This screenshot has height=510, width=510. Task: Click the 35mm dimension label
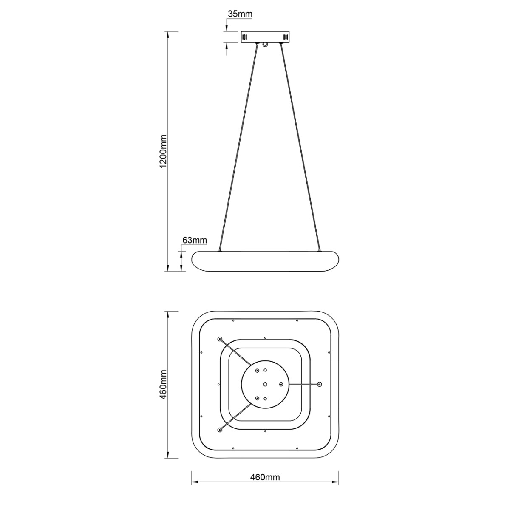tap(240, 14)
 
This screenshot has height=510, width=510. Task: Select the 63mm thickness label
tap(194, 241)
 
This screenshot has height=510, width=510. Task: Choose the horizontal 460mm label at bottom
tap(264, 477)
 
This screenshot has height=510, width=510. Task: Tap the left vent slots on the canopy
tap(244, 37)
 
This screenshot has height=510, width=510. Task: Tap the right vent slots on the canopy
tap(285, 37)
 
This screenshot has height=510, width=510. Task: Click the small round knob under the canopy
tap(266, 45)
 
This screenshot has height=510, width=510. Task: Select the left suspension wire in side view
tap(238, 147)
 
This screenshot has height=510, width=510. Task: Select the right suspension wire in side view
tap(299, 147)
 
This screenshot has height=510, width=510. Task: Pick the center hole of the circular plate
tap(265, 384)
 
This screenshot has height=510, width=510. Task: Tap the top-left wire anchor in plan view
tap(220, 339)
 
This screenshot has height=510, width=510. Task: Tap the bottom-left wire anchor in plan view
tap(220, 430)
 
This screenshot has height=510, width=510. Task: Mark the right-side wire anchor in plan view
tap(320, 384)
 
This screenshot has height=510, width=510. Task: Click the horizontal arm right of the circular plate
tap(304, 384)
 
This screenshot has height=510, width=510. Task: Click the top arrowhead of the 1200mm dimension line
tap(169, 34)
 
